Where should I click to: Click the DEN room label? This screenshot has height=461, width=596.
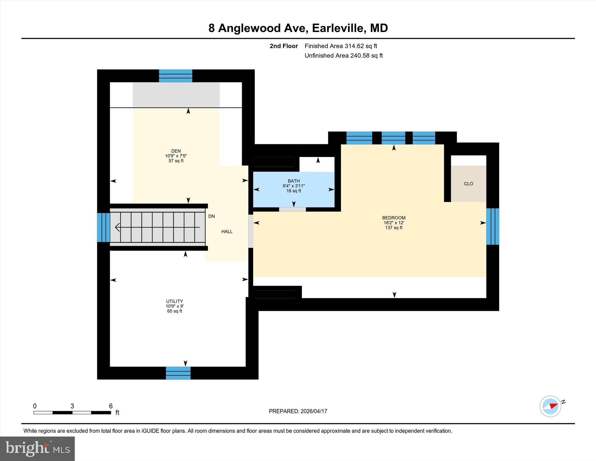(176, 151)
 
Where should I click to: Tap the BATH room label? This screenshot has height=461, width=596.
(293, 181)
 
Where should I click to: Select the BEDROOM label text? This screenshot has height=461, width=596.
(393, 218)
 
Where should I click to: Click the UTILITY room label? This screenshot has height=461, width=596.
(174, 301)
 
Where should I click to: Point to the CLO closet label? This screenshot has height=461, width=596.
(468, 184)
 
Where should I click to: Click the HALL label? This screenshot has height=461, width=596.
(227, 232)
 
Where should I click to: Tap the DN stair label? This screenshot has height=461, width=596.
(212, 216)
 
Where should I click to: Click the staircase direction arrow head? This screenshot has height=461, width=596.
(117, 227)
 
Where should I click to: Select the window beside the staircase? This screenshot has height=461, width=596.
(103, 227)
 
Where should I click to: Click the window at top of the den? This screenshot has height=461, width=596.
(175, 76)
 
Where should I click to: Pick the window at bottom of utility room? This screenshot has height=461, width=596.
(178, 373)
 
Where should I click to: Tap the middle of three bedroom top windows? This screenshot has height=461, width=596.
(393, 138)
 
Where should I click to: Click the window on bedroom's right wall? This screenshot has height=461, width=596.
(492, 226)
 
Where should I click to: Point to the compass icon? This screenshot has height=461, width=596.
(550, 406)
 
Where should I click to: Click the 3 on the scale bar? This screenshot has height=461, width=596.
(72, 406)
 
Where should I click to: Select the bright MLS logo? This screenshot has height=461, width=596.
(37, 448)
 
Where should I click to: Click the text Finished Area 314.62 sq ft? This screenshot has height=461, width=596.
(340, 46)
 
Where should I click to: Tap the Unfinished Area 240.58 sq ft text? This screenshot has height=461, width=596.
(343, 56)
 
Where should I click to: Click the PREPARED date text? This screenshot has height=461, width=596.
(298, 411)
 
